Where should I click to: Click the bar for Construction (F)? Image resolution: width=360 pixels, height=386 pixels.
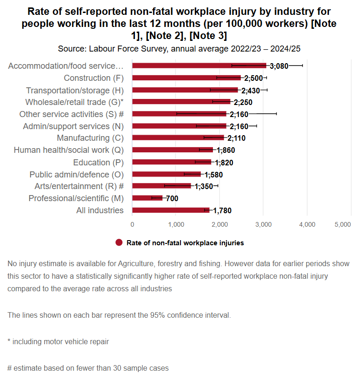(x=186, y=78)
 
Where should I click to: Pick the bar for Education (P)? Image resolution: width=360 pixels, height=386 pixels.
(x=172, y=162)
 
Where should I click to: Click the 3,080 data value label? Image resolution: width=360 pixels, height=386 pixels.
(x=279, y=66)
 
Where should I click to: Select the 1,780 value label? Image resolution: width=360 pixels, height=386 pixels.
(x=222, y=211)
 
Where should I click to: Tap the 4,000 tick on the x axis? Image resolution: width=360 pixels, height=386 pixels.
(x=307, y=224)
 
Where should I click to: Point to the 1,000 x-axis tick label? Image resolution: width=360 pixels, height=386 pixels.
(x=176, y=224)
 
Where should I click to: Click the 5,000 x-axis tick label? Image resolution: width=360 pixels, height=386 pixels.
(x=342, y=224)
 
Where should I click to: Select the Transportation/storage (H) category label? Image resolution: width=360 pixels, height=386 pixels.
(x=75, y=90)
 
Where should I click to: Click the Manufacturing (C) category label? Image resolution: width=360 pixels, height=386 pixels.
(x=90, y=138)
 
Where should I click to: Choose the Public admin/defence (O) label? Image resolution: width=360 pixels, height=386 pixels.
(x=77, y=174)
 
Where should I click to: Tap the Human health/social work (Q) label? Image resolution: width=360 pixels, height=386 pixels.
(x=69, y=150)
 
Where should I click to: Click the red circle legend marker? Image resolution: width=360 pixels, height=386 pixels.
(x=119, y=242)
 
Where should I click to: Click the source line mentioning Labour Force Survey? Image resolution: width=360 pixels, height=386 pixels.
(x=180, y=48)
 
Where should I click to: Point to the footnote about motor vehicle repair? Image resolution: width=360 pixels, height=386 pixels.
(x=58, y=341)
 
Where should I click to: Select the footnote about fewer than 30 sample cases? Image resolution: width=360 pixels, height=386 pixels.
(x=88, y=368)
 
